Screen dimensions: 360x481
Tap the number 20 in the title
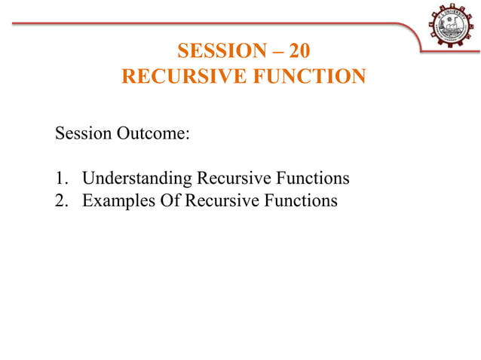[298, 51]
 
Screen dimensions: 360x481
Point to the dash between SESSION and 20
[277, 51]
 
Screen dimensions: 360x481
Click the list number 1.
[60, 178]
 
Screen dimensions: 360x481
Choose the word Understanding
[136, 178]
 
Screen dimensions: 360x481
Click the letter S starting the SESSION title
[182, 51]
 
